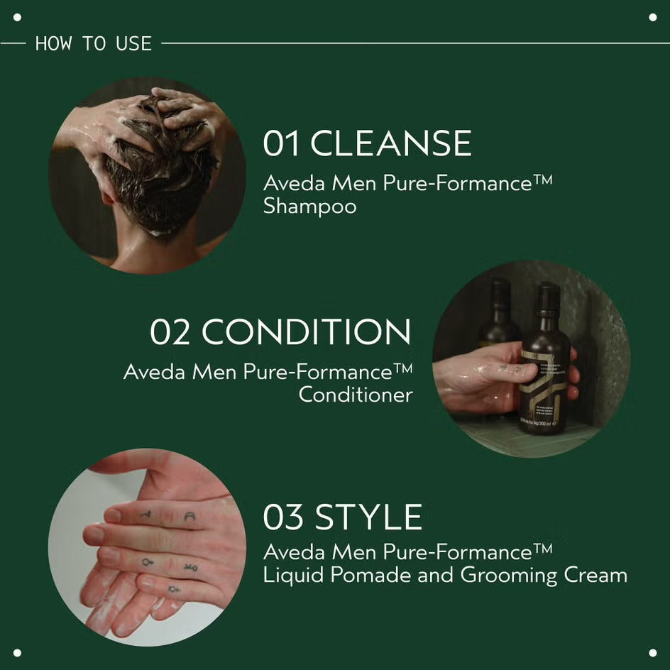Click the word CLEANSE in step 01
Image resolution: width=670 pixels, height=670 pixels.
391,143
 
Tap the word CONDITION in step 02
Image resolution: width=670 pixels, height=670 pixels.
306,332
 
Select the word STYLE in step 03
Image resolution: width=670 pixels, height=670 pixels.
368,517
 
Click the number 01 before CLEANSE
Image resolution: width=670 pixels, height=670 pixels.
282,143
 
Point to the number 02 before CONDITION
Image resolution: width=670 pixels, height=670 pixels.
170,332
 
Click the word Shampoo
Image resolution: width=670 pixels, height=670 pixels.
309,207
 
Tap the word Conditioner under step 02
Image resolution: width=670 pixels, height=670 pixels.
356,395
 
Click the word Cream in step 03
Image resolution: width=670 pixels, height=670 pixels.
595,575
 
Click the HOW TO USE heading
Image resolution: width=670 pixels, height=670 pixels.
94,43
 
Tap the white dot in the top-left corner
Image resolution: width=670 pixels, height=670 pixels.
17,17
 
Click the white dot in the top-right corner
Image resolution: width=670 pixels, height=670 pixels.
653,17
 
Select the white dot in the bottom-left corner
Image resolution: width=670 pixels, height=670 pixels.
17,653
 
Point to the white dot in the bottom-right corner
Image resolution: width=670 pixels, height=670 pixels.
653,653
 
